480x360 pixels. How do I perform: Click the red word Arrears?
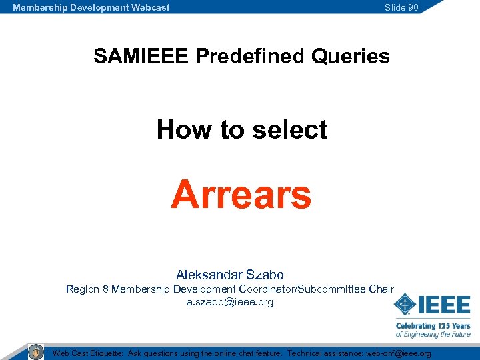pos(241,195)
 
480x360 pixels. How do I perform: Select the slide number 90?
pos(412,7)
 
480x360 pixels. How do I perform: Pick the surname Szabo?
pos(266,275)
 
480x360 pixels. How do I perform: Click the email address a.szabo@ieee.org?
pos(229,302)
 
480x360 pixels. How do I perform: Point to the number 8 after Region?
pos(105,289)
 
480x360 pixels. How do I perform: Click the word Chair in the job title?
pos(381,289)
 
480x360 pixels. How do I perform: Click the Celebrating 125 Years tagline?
pos(433,326)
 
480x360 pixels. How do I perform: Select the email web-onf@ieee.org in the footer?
pos(399,353)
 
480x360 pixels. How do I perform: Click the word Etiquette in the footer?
pos(104,353)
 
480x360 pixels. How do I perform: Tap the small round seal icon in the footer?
pos(36,351)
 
